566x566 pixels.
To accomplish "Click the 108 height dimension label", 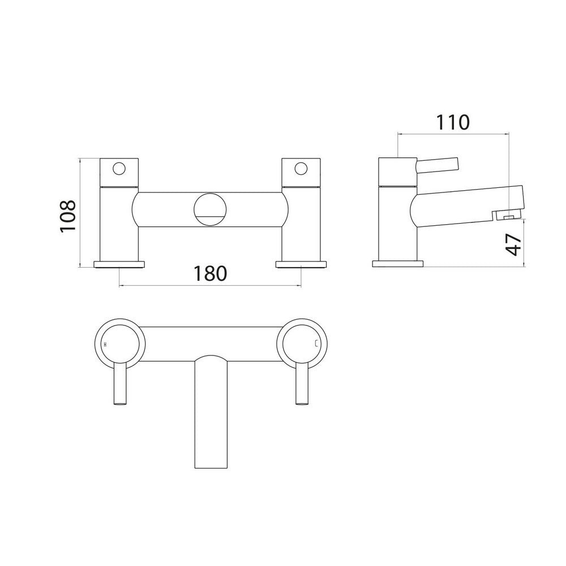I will coord(68,215).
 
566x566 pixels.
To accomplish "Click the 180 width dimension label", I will coord(210,273).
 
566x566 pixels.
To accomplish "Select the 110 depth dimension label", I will coord(453,122).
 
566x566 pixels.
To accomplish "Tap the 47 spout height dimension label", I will coord(513,243).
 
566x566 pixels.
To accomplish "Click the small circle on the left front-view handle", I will coord(119,168).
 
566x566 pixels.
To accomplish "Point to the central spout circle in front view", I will coord(210,209).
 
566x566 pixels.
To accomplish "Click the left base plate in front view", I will coord(119,264).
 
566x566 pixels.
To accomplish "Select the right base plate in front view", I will coord(301,264).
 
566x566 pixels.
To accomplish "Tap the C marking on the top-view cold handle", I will coord(316,344).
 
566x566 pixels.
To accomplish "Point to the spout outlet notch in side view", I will coord(505,216).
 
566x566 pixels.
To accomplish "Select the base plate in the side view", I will coord(397,264).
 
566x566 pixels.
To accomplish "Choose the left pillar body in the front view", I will coord(119,224).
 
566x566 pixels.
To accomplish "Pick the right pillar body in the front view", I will coord(301,224).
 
